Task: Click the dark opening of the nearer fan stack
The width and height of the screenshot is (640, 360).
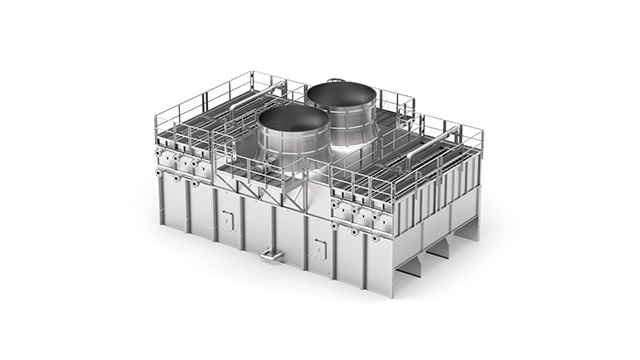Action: click(x=293, y=119)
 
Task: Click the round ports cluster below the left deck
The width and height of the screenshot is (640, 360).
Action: click(x=186, y=163)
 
